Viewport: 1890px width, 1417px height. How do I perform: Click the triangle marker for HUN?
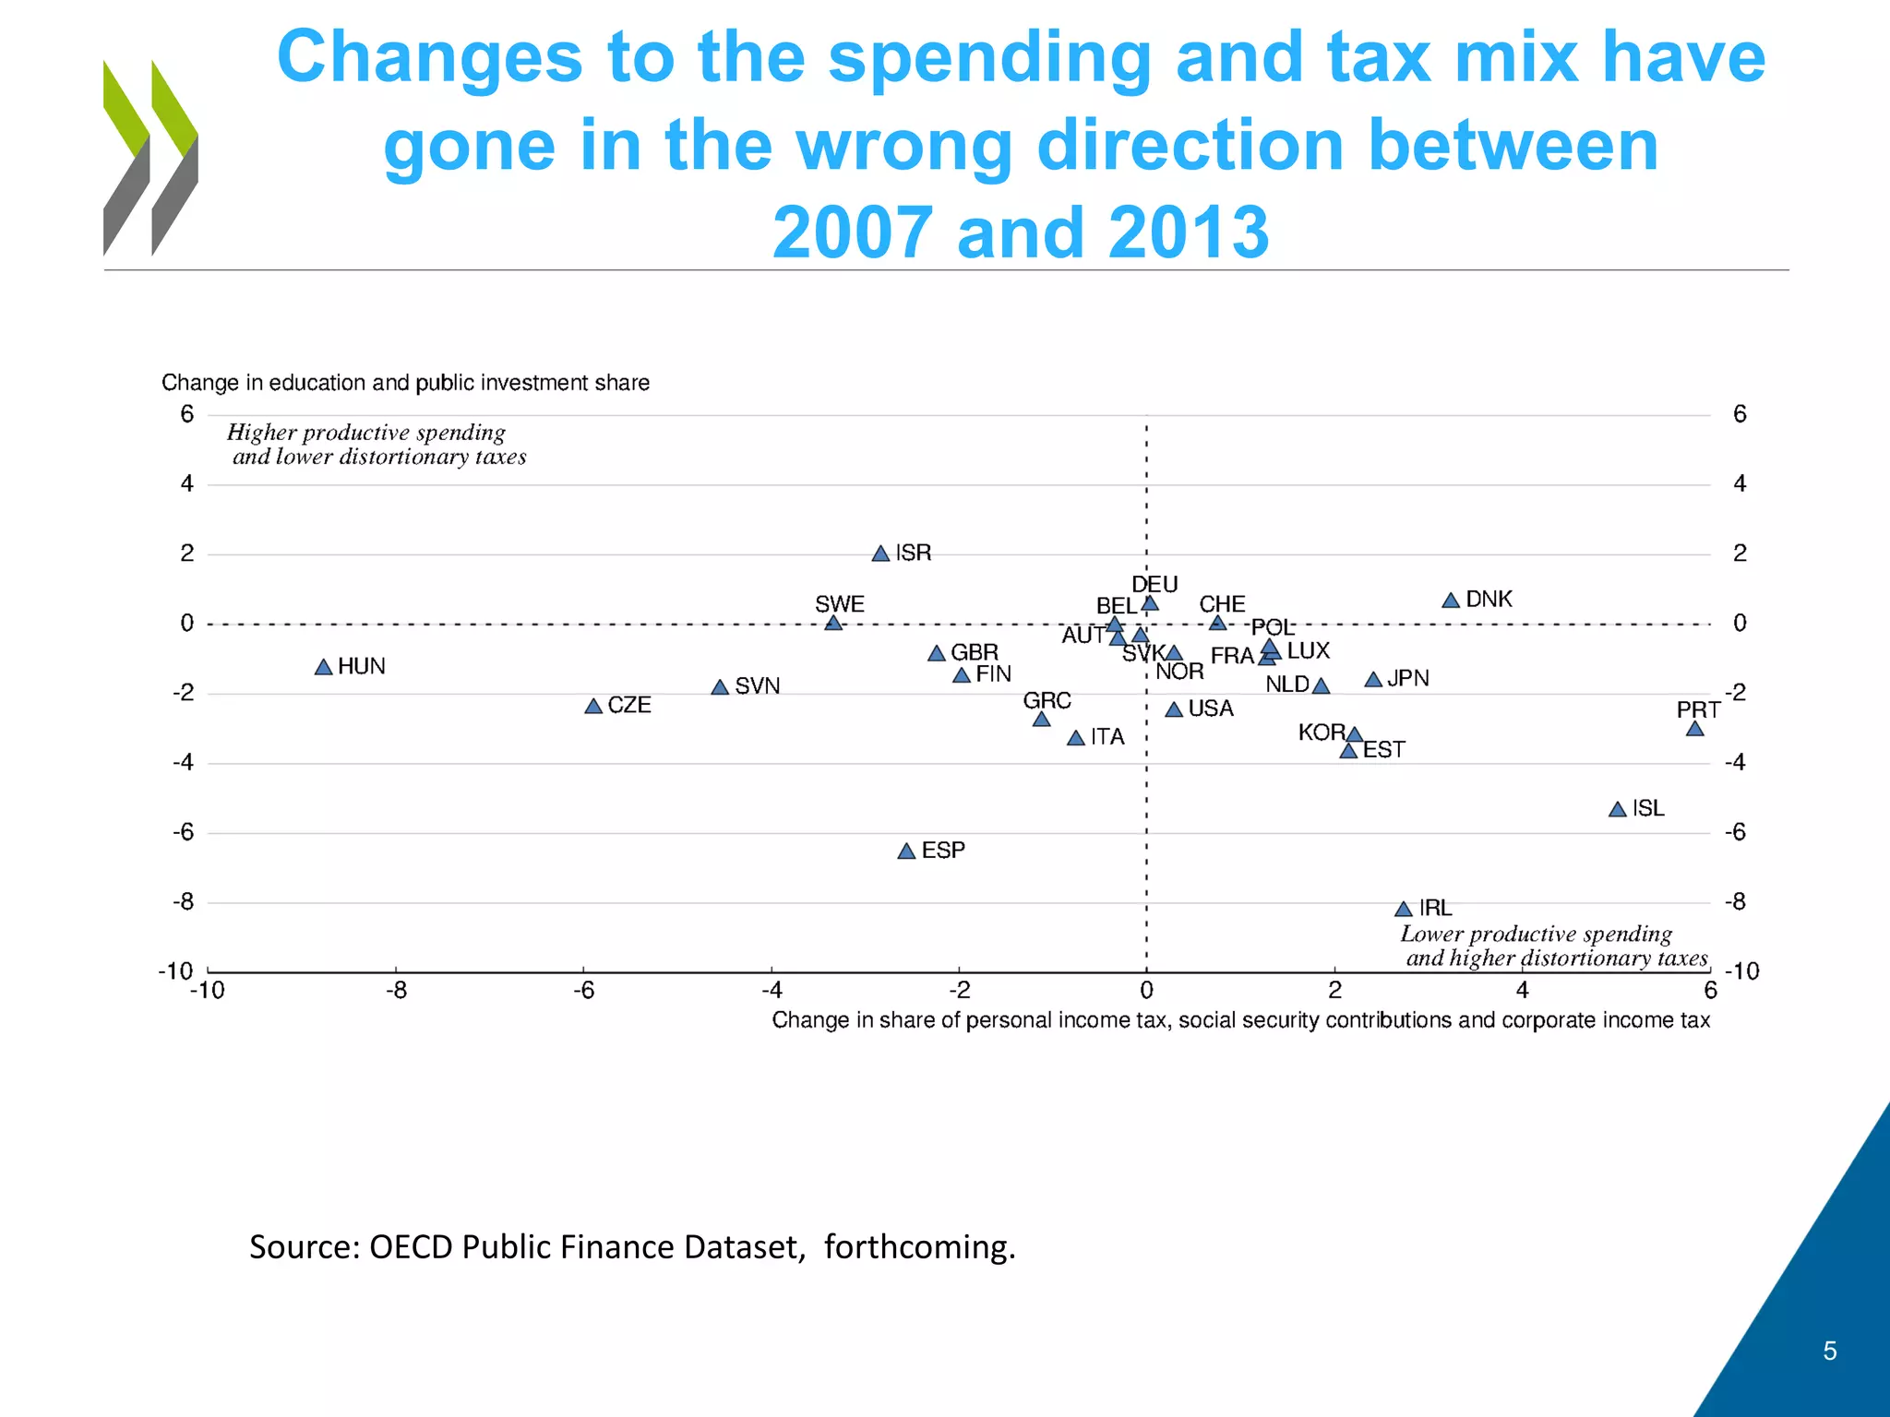click(323, 667)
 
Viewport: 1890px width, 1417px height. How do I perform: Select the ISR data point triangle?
click(880, 554)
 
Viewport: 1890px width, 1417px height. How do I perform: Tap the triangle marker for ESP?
click(906, 851)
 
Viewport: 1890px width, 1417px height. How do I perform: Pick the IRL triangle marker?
click(1404, 910)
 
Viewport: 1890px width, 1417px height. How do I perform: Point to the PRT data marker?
click(1694, 729)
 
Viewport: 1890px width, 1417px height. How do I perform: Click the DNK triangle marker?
click(1451, 601)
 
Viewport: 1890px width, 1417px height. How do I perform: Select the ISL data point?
click(1617, 810)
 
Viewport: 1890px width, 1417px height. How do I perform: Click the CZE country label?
click(629, 706)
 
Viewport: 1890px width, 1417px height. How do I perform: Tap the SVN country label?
click(757, 686)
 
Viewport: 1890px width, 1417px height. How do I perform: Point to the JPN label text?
click(1407, 679)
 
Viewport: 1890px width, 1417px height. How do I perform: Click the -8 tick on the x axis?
click(396, 991)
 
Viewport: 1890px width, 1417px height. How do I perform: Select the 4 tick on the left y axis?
click(187, 483)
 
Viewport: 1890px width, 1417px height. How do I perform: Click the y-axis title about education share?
click(405, 383)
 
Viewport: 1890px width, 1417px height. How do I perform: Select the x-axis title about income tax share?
click(1240, 1020)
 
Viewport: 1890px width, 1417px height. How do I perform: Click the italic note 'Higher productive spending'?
click(366, 433)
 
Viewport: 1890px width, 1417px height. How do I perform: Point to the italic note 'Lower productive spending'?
click(1536, 934)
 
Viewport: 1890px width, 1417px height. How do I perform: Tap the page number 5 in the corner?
click(1829, 1352)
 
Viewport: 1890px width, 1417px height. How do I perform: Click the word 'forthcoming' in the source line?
click(917, 1247)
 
